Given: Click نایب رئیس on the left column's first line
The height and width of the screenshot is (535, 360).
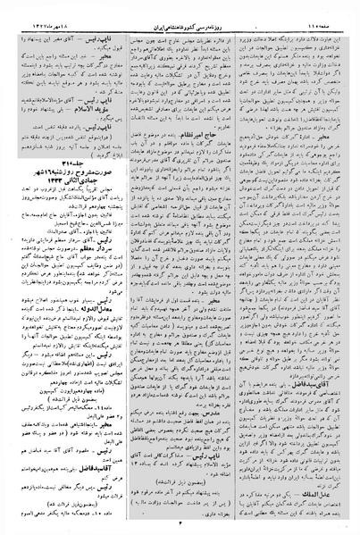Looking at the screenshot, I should click(x=98, y=29).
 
